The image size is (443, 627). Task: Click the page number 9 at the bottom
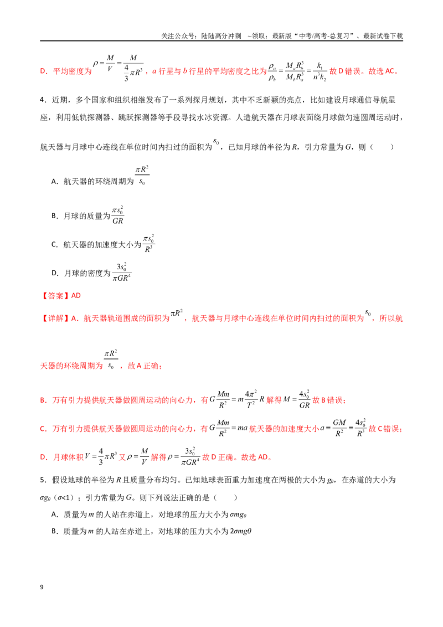click(x=42, y=587)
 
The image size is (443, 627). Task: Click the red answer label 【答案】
click(x=55, y=296)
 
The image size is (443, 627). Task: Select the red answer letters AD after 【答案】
click(x=76, y=296)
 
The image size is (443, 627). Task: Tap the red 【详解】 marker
click(x=55, y=318)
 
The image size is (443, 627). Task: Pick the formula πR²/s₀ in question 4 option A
click(x=142, y=175)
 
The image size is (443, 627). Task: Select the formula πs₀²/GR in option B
click(x=117, y=215)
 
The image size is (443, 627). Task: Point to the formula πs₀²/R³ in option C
click(x=148, y=244)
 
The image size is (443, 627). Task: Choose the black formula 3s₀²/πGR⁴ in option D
click(x=121, y=272)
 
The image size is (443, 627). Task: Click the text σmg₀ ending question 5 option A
click(x=238, y=515)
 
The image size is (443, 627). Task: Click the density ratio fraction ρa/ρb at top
click(x=272, y=72)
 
